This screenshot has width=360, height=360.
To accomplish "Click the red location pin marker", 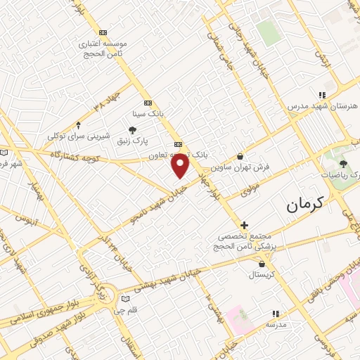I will pyautogui.click(x=181, y=165).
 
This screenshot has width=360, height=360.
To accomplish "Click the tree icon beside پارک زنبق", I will pyautogui.click(x=131, y=129).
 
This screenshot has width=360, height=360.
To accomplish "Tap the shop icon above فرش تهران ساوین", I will pyautogui.click(x=241, y=157).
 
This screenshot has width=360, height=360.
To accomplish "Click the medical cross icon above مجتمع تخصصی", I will pyautogui.click(x=244, y=226).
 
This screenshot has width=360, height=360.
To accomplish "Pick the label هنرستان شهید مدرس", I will pyautogui.click(x=322, y=105).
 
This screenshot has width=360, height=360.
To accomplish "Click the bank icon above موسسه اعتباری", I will pyautogui.click(x=104, y=32).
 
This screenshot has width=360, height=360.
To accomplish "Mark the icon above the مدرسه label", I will pyautogui.click(x=275, y=314).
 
